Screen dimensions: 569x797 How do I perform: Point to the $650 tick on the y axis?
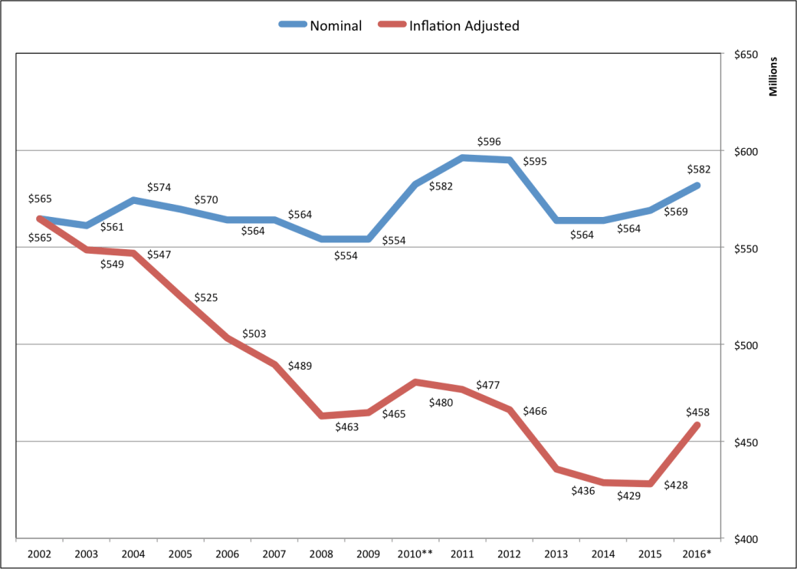click(746, 55)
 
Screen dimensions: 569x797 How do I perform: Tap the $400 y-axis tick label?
click(746, 540)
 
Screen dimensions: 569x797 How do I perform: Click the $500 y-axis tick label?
click(746, 346)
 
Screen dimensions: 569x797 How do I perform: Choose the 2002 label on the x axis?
click(39, 553)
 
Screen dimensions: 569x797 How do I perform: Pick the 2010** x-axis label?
click(415, 553)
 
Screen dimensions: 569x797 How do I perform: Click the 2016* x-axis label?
click(697, 553)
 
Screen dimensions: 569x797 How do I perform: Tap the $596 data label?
click(489, 142)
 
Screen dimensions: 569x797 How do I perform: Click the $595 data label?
click(534, 162)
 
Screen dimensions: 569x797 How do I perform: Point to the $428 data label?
click(674, 485)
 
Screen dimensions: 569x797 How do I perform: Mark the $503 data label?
click(254, 334)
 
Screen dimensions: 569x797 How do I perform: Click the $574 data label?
click(159, 187)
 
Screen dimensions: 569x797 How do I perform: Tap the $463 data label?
click(346, 426)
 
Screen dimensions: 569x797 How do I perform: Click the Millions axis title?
click(774, 76)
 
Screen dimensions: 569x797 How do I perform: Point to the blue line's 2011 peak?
click(462, 158)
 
